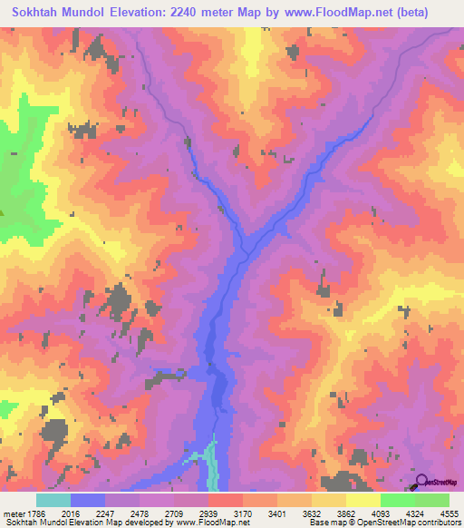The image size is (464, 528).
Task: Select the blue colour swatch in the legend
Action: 87,501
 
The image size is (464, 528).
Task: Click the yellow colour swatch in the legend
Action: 362,501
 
